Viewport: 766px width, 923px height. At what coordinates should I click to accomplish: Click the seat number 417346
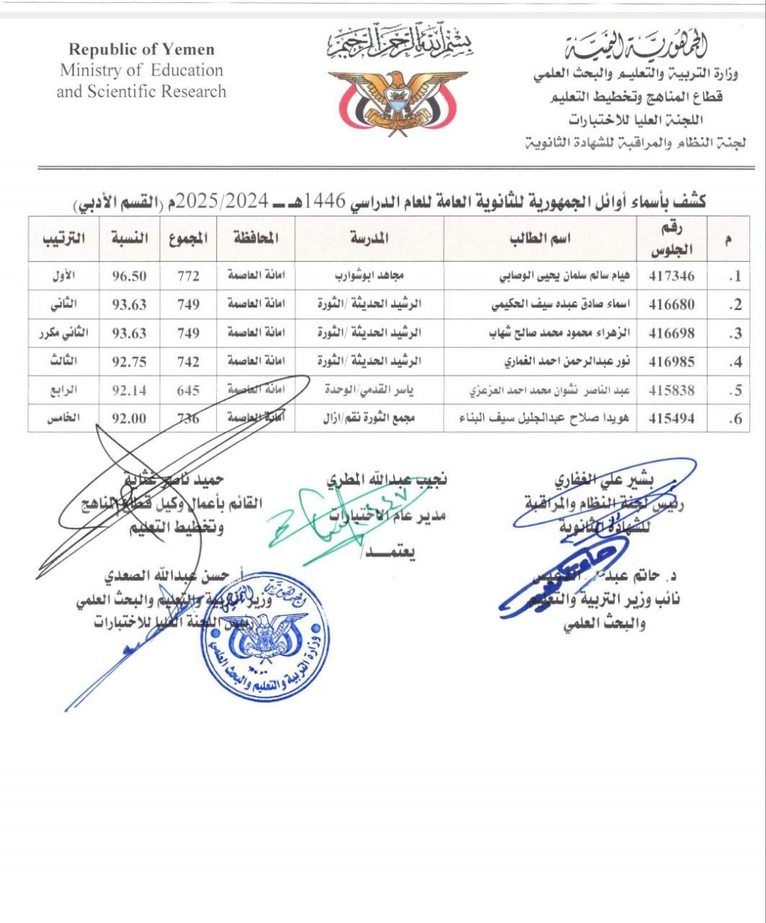pos(672,275)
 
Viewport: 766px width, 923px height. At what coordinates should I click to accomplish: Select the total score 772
pos(188,275)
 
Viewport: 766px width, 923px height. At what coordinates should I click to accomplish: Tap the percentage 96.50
pos(129,275)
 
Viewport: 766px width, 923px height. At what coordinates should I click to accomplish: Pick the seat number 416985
pos(672,362)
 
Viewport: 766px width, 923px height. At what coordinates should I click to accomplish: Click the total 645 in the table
pos(188,390)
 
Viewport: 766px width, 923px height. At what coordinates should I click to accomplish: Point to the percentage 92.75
pos(129,362)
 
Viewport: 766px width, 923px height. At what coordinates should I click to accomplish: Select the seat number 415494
pos(672,418)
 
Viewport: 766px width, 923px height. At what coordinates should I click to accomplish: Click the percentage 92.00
pos(129,418)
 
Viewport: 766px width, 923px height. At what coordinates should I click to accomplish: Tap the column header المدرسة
pos(368,239)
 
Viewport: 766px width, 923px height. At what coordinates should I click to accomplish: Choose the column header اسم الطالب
pos(540,239)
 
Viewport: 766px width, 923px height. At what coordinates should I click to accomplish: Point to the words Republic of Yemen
pos(141,50)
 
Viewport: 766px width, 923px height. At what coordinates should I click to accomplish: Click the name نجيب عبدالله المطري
pos(386,479)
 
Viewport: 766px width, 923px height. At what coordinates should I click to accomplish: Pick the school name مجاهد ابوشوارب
pos(368,275)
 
